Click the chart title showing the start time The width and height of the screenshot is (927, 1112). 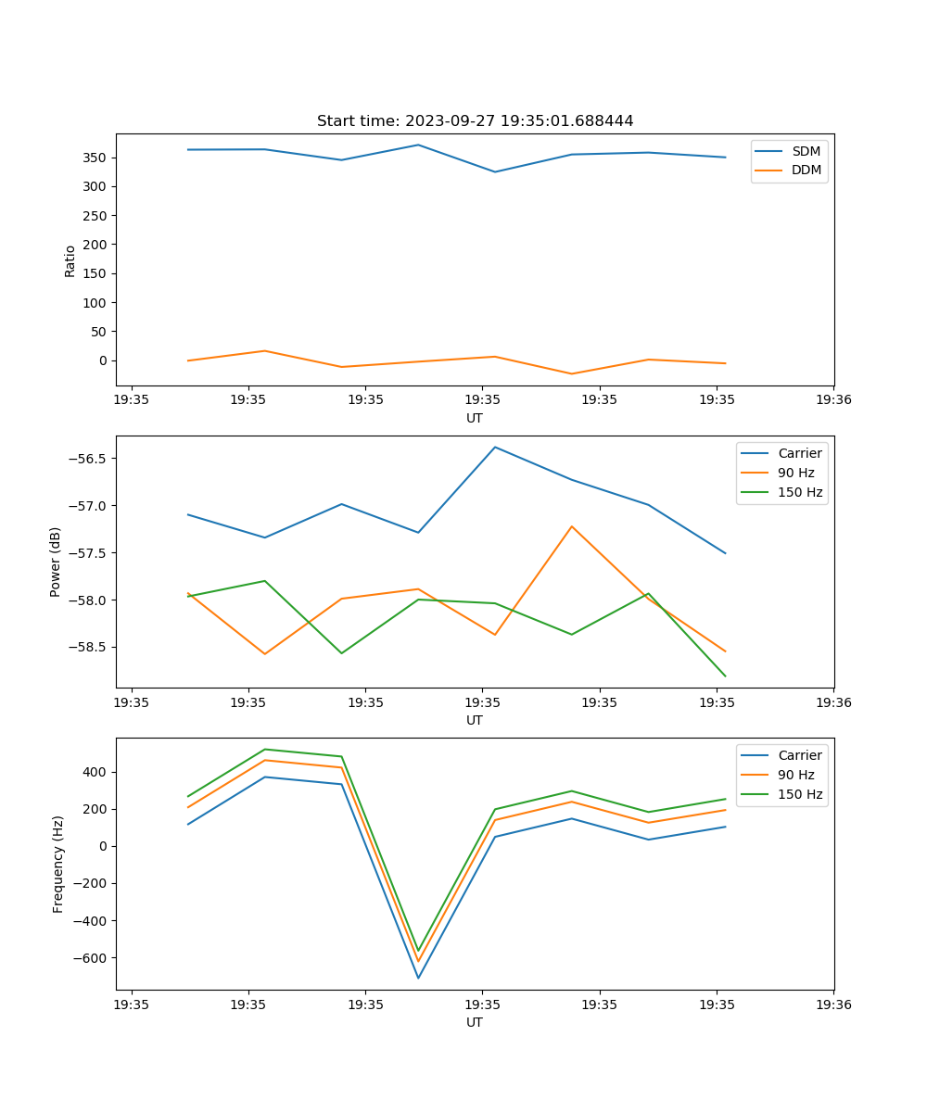coord(475,121)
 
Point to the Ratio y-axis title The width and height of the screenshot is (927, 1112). coord(70,260)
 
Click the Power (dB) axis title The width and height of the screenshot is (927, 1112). coord(56,562)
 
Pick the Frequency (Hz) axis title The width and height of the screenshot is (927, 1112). coord(58,864)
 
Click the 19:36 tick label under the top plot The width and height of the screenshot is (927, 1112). coord(833,400)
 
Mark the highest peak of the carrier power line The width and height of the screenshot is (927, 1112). coord(495,447)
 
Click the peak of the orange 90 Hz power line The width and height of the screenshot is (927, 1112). coord(572,526)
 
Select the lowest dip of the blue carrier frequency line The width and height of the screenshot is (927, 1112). coord(418,978)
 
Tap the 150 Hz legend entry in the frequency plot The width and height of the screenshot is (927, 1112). coord(800,794)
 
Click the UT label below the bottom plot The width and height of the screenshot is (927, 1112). coord(475,1022)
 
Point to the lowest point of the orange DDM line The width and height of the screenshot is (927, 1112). coord(571,373)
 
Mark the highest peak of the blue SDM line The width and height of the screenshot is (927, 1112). coord(418,145)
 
